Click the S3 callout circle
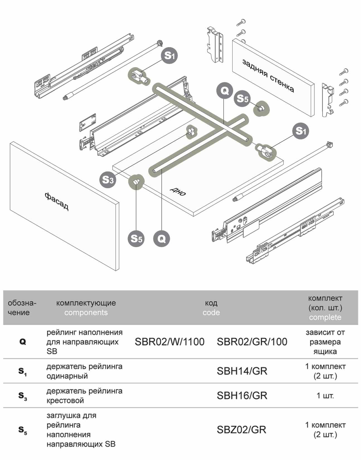(108, 180)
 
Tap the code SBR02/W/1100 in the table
(169, 342)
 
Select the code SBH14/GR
(242, 371)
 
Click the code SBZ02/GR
(241, 430)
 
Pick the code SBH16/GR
(242, 396)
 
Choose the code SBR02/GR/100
(252, 342)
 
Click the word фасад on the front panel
(57, 201)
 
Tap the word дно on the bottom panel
(178, 191)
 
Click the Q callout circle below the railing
(161, 239)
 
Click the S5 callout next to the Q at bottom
(136, 239)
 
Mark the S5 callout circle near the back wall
(243, 98)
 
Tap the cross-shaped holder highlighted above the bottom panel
(191, 131)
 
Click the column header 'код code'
(211, 308)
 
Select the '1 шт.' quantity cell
(325, 396)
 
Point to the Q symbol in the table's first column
(23, 342)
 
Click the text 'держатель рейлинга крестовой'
(84, 396)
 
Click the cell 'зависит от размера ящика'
(325, 342)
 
